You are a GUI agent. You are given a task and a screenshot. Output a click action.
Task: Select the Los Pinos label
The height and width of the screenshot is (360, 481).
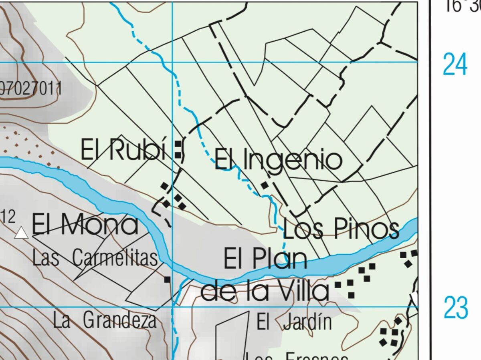point(341,229)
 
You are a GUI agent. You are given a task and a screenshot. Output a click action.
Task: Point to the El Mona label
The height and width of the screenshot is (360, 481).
point(85,225)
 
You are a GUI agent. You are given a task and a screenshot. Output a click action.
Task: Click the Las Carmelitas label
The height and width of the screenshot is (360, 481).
point(95,258)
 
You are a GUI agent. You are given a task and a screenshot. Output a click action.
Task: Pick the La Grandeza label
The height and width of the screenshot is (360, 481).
point(105,321)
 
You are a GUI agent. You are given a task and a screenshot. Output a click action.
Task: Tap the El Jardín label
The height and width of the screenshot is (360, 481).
point(294,322)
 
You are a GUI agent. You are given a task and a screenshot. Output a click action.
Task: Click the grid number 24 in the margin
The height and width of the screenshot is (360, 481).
point(455,64)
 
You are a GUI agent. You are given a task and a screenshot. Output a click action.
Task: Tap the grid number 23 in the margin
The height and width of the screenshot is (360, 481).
point(455,308)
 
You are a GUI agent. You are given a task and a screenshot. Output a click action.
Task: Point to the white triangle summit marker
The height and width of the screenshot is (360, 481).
point(21,233)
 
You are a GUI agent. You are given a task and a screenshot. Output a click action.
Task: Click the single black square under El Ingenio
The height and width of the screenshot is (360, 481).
point(265,185)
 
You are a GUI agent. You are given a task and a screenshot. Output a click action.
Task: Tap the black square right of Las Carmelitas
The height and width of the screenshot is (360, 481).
point(167,279)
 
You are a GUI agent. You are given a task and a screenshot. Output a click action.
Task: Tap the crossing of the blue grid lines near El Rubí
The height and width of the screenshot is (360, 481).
point(173,62)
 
